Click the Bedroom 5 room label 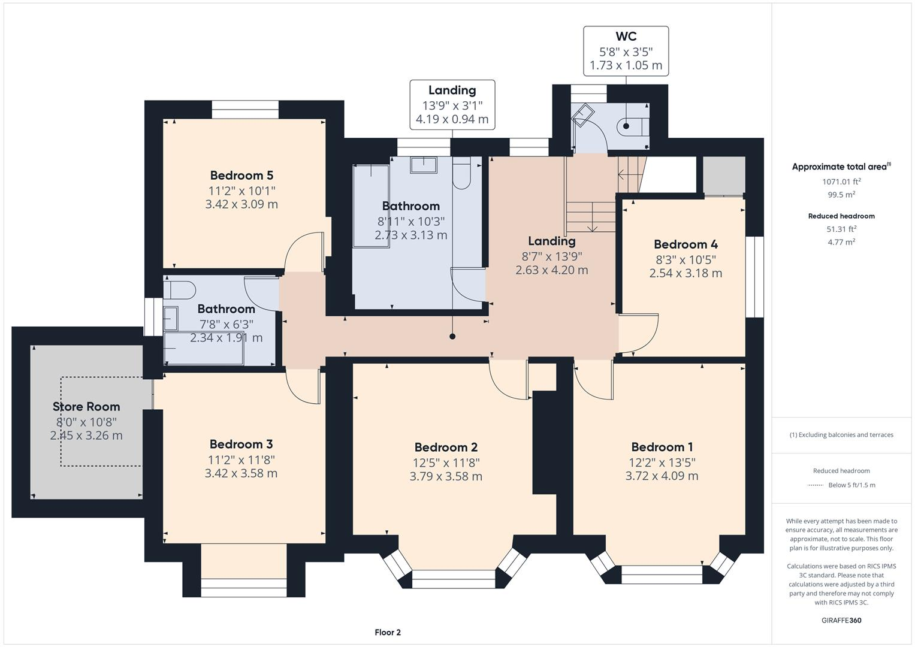click(x=241, y=176)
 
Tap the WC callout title click(x=626, y=37)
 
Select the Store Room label click(x=86, y=407)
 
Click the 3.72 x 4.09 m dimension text click(x=662, y=476)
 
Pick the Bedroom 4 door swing click(x=640, y=333)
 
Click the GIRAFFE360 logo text click(x=841, y=620)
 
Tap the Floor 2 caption click(x=388, y=632)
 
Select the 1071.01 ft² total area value click(x=841, y=182)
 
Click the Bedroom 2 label click(x=446, y=448)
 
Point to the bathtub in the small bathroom click(x=204, y=350)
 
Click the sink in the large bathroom click(x=423, y=164)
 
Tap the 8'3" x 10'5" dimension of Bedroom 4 click(x=686, y=259)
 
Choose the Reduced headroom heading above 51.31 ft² click(x=841, y=216)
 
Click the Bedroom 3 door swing click(x=302, y=387)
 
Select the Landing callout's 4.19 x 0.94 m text click(x=452, y=119)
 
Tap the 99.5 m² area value click(x=841, y=195)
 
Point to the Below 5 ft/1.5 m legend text click(x=851, y=485)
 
